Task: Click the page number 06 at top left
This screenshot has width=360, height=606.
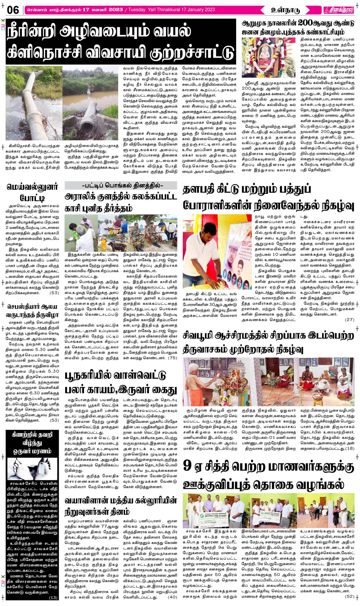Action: click(13, 10)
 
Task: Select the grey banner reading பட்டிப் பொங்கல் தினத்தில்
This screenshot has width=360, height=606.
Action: click(121, 186)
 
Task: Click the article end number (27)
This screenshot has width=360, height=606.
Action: click(349, 319)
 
